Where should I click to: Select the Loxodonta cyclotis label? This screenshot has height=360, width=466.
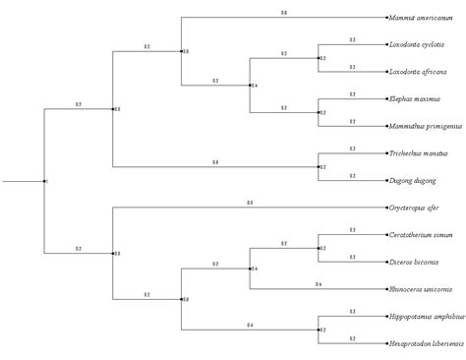416,45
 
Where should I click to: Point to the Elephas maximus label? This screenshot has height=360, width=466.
414,99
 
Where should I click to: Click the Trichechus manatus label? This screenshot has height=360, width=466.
419,153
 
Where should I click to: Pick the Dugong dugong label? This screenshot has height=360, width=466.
411,181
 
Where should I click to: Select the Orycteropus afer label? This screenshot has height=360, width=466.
414,209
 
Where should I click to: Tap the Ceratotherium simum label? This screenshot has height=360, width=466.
420,235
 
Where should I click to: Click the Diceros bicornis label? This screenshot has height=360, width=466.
414,263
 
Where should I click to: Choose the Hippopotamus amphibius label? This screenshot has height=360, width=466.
425,317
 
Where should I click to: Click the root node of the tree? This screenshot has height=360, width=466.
44,181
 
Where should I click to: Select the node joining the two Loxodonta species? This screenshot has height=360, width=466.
318,59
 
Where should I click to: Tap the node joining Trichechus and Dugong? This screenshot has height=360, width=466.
318,167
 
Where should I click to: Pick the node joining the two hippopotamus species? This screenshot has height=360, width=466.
318,330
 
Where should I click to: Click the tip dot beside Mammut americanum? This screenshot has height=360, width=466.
385,19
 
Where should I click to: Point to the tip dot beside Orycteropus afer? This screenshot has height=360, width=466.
385,209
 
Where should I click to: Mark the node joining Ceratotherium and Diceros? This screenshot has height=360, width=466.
318,249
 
